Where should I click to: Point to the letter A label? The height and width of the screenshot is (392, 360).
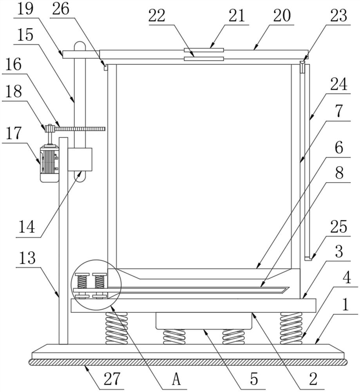point(177,379)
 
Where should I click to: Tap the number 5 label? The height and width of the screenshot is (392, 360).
point(254,379)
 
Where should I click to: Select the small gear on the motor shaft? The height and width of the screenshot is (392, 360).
point(50,129)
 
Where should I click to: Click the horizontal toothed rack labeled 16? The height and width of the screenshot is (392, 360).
point(82,129)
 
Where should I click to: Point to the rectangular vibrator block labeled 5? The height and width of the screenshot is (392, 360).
point(203,321)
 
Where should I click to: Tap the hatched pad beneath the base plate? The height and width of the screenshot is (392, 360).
point(188,362)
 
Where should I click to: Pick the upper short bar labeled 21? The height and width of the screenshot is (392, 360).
point(204,50)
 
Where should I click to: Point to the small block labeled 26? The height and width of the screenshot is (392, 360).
point(106,67)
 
